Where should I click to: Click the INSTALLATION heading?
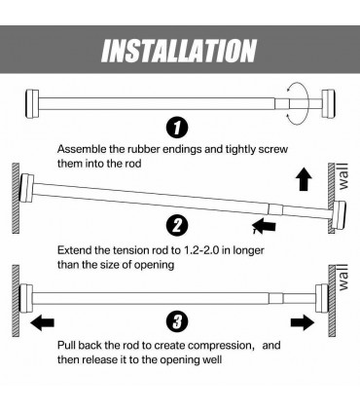point(180,50)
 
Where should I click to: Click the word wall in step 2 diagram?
point(342,179)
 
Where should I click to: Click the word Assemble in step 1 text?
point(85,149)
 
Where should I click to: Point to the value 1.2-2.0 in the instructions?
point(232,249)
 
